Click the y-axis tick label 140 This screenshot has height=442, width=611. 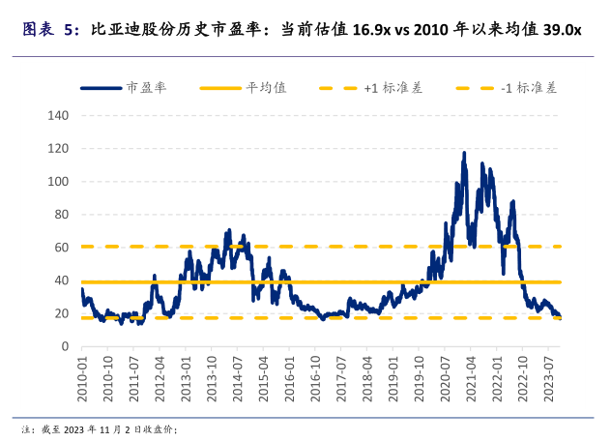tap(60, 116)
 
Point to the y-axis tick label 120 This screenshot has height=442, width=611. tap(60, 149)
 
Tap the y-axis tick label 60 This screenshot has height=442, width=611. tap(63, 248)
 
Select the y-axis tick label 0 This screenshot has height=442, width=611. tap(66, 346)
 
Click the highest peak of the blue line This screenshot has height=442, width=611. tap(464, 153)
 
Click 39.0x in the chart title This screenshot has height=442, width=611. tap(562, 30)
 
